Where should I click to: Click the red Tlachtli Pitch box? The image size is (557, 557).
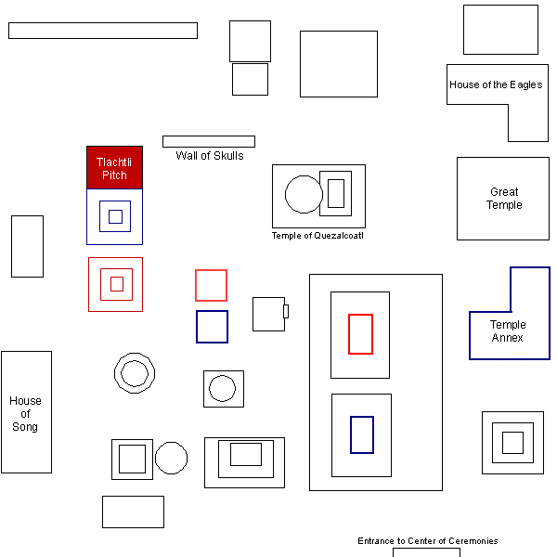coord(114,167)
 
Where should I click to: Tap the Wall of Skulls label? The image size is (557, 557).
coord(210,156)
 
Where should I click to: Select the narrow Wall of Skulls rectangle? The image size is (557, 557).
coord(209,142)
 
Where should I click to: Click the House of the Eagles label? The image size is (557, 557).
coord(496,84)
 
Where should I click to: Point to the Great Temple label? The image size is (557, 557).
coord(504,199)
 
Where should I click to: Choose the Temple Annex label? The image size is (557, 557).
coord(508,331)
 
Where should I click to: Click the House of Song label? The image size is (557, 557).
coord(25,414)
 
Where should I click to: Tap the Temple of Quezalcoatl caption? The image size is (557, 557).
coord(317,236)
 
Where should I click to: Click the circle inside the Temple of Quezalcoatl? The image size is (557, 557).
coord(304,194)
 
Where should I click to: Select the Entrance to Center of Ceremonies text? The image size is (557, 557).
coord(427,541)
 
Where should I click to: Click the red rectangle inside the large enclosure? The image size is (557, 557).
coord(360,334)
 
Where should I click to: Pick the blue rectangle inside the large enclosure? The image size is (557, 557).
coord(362,434)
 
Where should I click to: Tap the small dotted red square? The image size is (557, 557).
coord(211,285)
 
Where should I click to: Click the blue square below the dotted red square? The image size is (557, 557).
coord(212,327)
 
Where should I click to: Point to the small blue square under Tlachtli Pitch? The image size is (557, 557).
coord(115,216)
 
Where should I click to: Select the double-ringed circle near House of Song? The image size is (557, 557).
coord(133,373)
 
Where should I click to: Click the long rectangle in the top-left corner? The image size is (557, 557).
coord(102,31)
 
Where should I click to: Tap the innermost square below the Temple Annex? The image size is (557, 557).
coord(512,443)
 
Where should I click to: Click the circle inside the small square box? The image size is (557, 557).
coord(223,389)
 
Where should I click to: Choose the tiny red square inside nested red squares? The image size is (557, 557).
coord(117,284)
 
